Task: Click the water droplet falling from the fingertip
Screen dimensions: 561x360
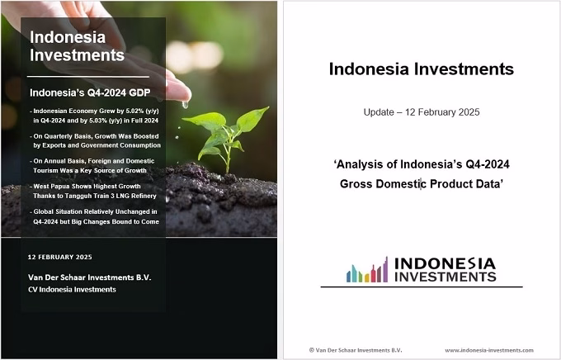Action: pos(185,105)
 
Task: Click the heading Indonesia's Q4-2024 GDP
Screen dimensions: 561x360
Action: pos(90,92)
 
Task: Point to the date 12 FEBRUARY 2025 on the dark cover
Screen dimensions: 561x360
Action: pos(59,257)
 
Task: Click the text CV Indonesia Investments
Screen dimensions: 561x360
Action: pos(72,290)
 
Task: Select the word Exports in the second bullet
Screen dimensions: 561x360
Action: pos(54,145)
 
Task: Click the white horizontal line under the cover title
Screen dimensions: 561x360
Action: pos(88,77)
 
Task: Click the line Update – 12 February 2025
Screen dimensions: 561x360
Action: pos(422,112)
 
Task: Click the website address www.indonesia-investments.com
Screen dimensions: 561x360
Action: pos(489,350)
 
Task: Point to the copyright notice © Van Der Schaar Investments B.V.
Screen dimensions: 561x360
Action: pos(356,350)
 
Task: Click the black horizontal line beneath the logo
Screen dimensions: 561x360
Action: pos(422,287)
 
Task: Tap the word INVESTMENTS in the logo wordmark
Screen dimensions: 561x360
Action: pos(445,277)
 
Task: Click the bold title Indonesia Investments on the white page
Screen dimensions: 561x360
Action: pos(422,69)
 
